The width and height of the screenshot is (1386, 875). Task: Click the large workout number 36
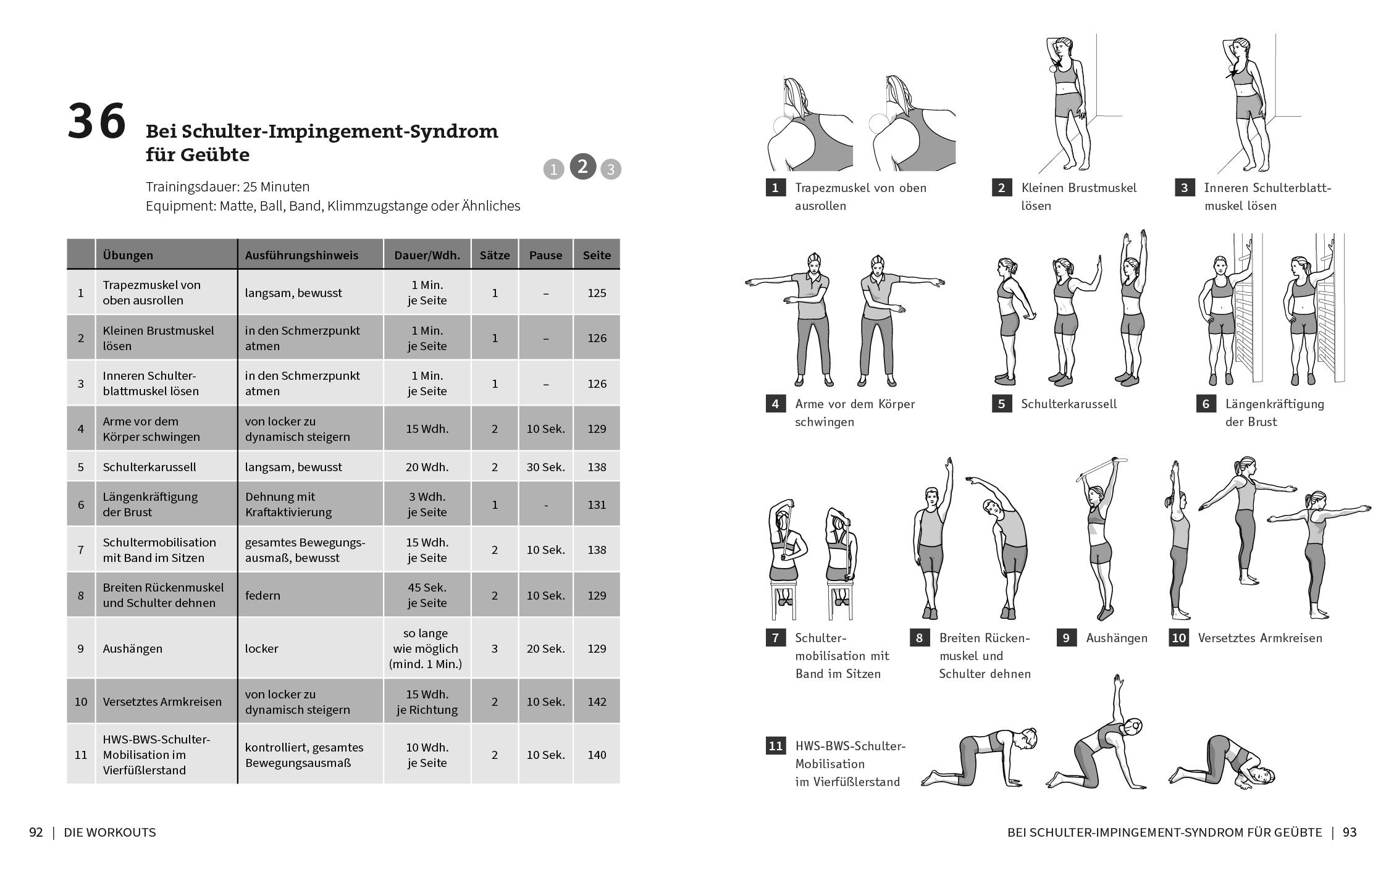[97, 122]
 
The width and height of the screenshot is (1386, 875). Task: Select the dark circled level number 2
[582, 167]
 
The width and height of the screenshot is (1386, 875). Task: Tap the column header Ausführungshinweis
[301, 255]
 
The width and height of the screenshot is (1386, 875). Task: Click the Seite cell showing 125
[597, 293]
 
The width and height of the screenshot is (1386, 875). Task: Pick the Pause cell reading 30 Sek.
[545, 467]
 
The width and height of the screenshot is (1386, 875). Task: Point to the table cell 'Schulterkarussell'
[149, 467]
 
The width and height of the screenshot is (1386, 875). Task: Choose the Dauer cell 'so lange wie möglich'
[426, 648]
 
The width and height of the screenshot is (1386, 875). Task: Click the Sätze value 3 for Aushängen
[495, 648]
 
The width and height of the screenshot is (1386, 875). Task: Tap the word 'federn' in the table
[262, 595]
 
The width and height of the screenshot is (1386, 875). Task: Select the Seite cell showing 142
[597, 701]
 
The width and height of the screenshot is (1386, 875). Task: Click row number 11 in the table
[81, 755]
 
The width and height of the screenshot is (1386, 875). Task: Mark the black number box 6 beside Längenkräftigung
[1206, 404]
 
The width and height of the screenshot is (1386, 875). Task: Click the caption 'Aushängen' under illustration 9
[1117, 638]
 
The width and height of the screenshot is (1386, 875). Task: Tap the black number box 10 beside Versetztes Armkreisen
[1178, 638]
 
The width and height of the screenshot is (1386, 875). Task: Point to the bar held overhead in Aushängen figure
[1102, 469]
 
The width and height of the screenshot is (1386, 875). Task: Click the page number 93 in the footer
[1350, 832]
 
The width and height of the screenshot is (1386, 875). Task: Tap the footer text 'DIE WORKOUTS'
[110, 832]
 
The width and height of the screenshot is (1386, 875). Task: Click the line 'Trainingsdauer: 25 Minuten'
[228, 186]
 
